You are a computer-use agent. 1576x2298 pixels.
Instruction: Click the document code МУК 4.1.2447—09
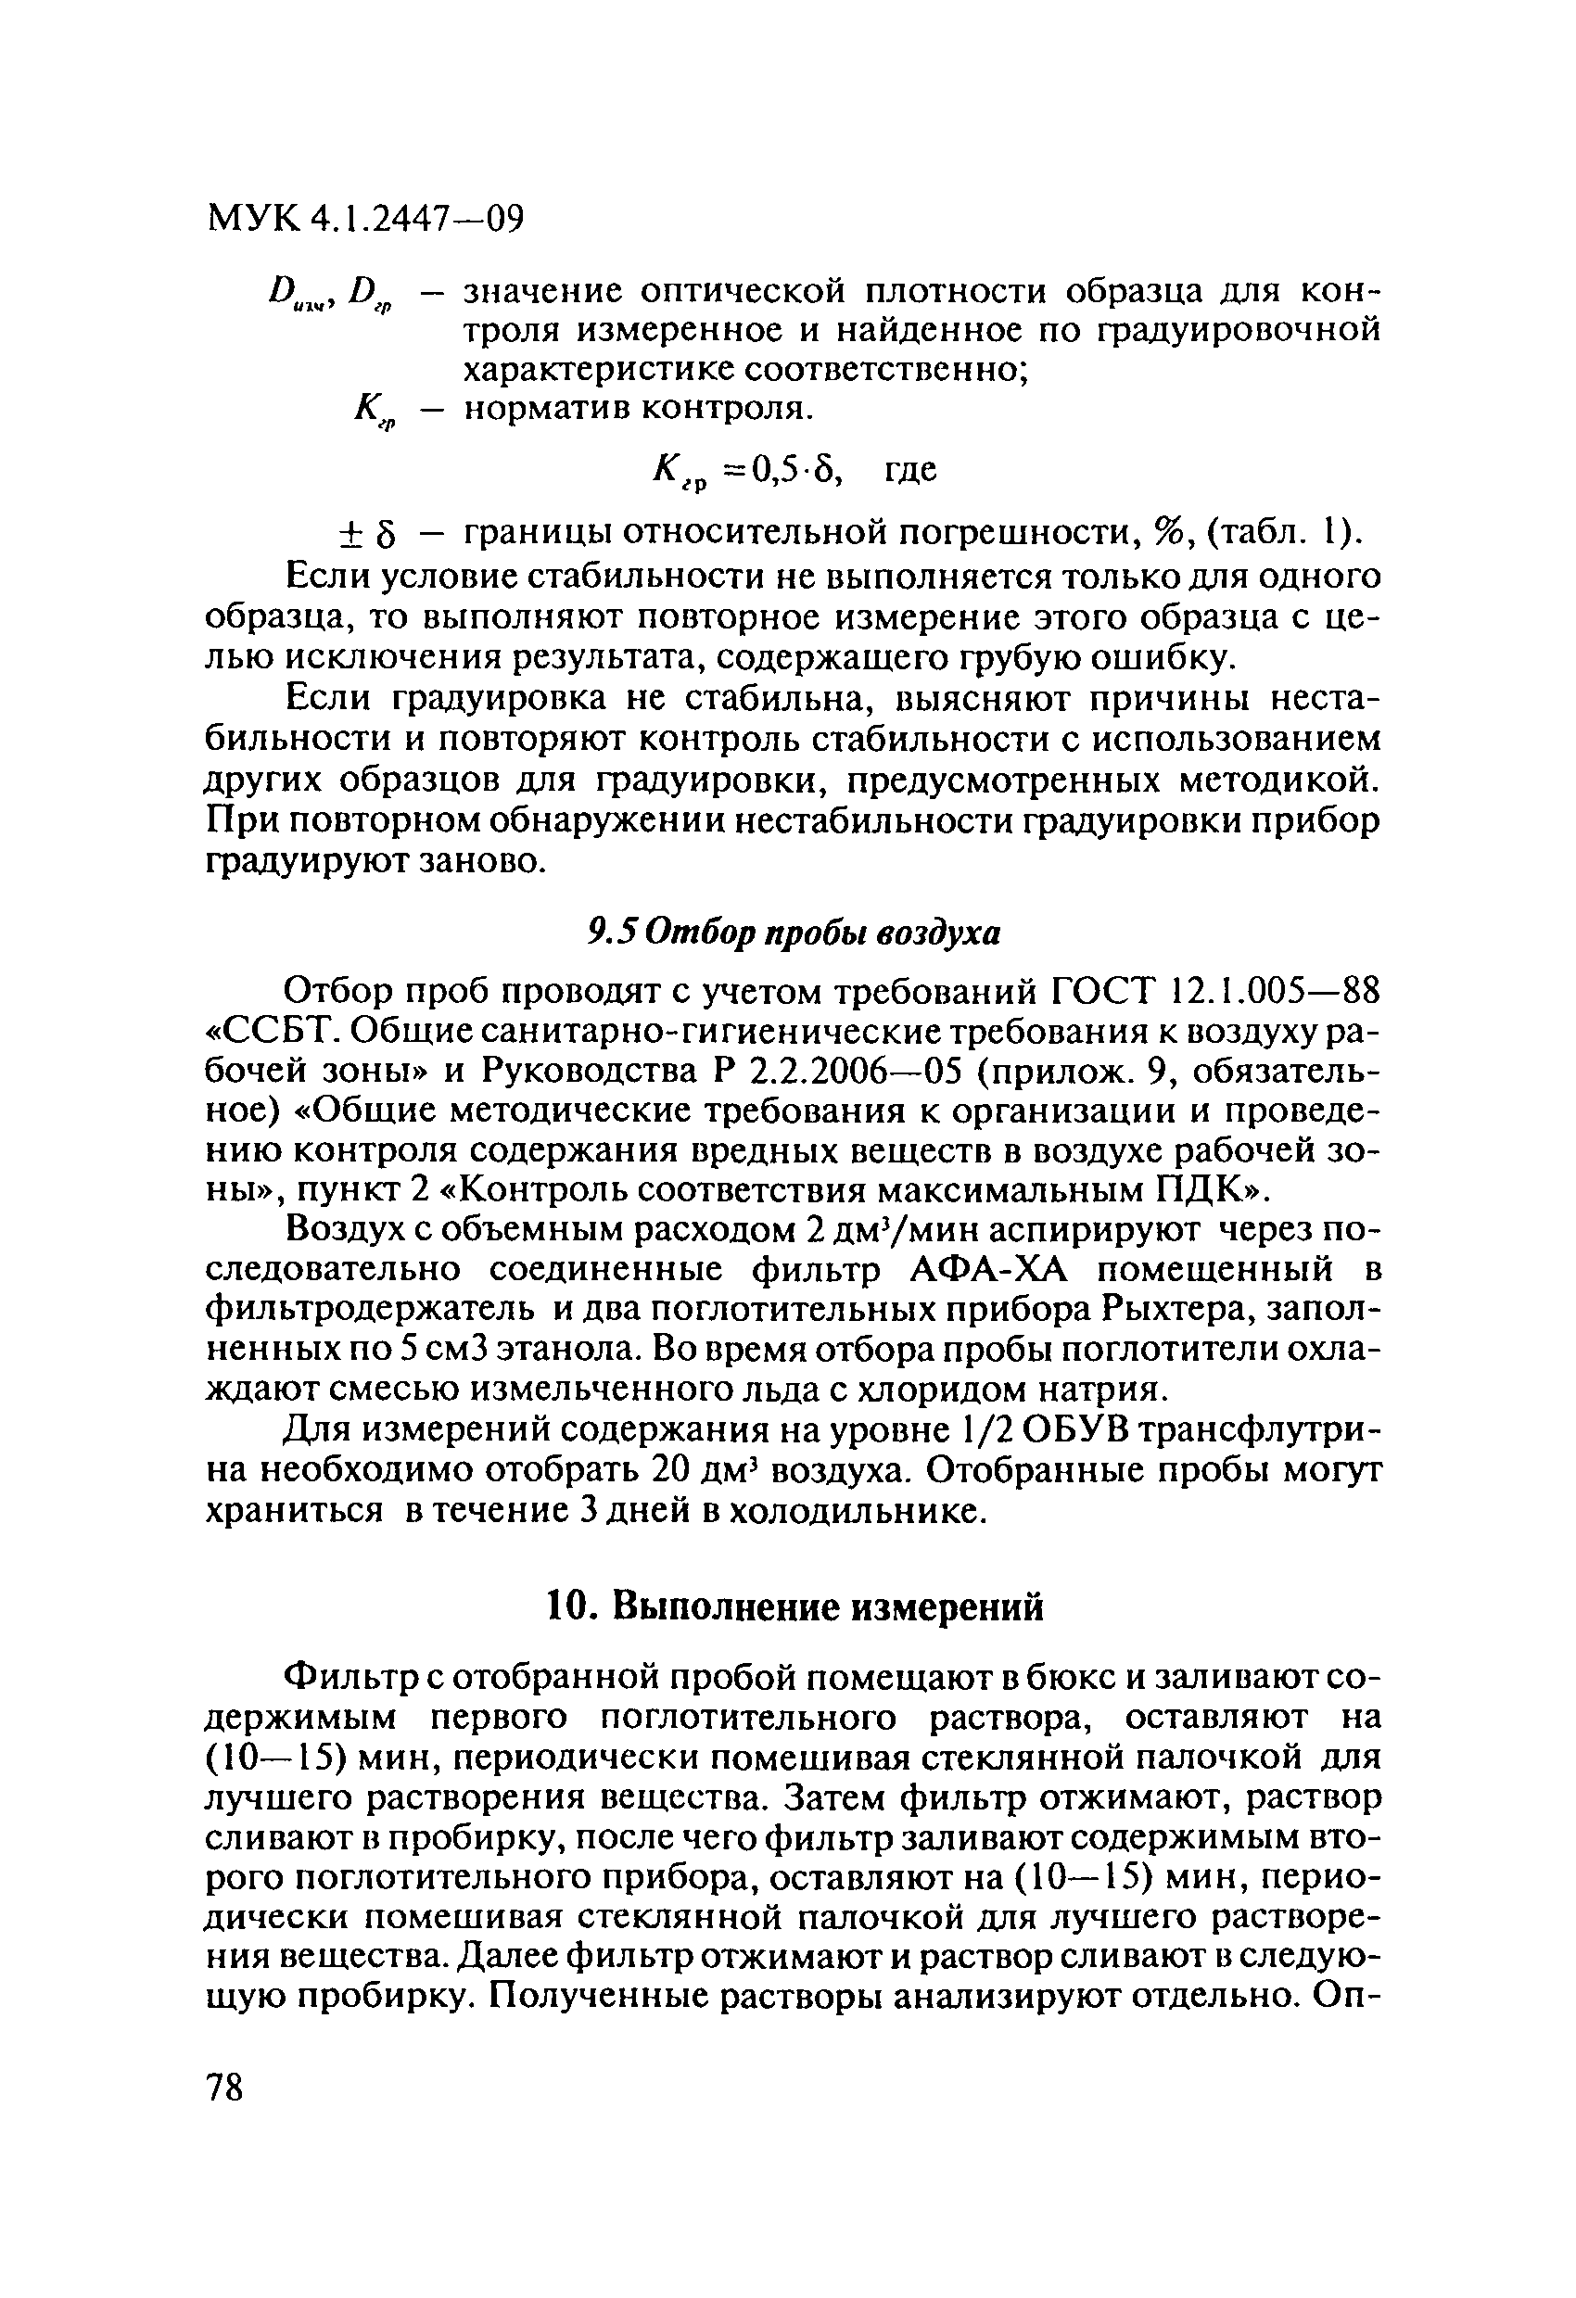[365, 218]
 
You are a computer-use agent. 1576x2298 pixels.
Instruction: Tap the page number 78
[224, 2088]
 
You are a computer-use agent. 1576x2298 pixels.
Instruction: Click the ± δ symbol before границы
[368, 536]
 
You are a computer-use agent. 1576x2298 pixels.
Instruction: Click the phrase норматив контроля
[638, 406]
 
